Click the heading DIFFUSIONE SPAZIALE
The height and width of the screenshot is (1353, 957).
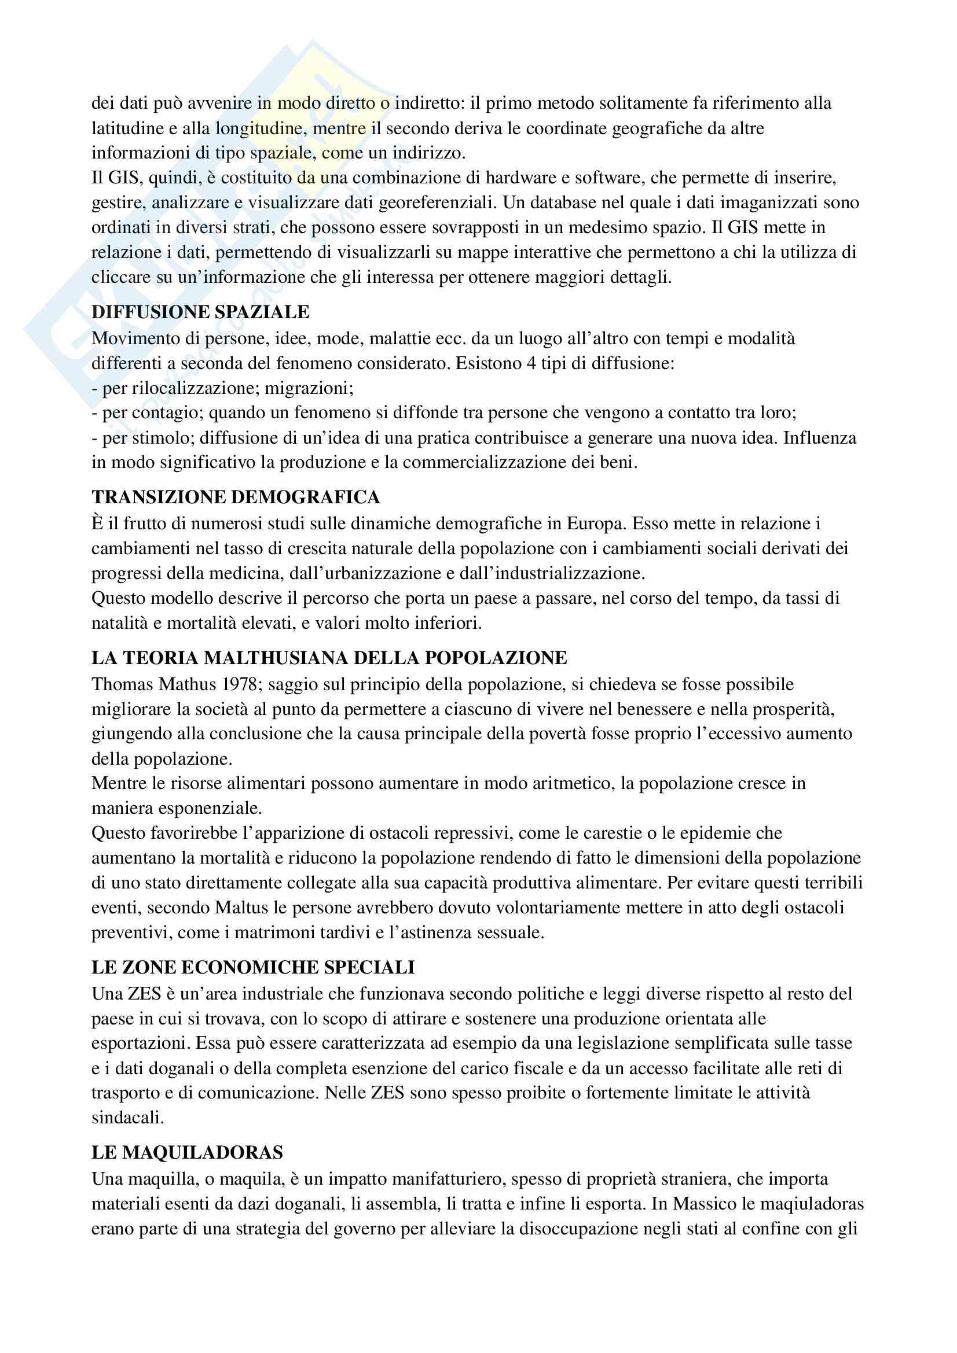pyautogui.click(x=200, y=312)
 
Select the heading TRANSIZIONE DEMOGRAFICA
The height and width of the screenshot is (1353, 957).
pyautogui.click(x=235, y=497)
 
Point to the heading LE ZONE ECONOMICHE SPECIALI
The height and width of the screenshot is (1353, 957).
pyautogui.click(x=253, y=967)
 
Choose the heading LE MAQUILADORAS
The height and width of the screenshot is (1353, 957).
pyautogui.click(x=187, y=1152)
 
